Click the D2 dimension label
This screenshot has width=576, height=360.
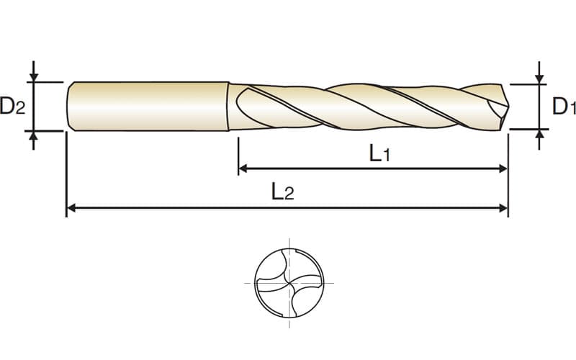pos(13,105)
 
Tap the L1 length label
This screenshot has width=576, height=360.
pos(379,153)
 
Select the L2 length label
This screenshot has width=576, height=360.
pos(283,192)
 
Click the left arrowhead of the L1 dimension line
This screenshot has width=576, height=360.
pos(243,168)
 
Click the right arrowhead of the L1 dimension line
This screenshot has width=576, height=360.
pos(503,168)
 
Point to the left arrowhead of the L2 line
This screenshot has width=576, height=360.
pos(71,208)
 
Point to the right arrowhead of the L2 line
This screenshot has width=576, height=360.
pos(503,208)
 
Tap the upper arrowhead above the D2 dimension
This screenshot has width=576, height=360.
pos(34,78)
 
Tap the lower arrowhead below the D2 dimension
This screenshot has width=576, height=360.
pos(34,135)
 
